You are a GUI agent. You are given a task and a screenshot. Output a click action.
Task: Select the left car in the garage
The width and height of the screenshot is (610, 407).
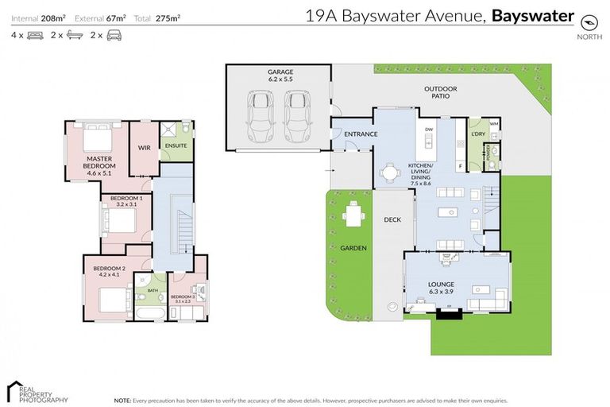click(x=261, y=113)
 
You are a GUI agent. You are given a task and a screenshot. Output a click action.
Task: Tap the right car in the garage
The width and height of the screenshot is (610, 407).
click(x=297, y=113)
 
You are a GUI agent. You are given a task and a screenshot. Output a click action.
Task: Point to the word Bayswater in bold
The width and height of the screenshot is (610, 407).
click(x=532, y=14)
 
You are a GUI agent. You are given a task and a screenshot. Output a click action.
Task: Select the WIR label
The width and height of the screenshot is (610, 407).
click(x=144, y=147)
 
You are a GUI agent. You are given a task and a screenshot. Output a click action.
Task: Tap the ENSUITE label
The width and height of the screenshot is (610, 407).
click(x=175, y=146)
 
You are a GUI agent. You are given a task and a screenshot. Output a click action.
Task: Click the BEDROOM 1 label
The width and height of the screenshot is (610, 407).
click(x=126, y=200)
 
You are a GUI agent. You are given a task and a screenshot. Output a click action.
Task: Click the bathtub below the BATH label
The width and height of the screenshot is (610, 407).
click(x=150, y=314)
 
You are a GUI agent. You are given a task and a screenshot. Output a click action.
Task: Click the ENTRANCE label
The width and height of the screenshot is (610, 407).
click(x=351, y=134)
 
